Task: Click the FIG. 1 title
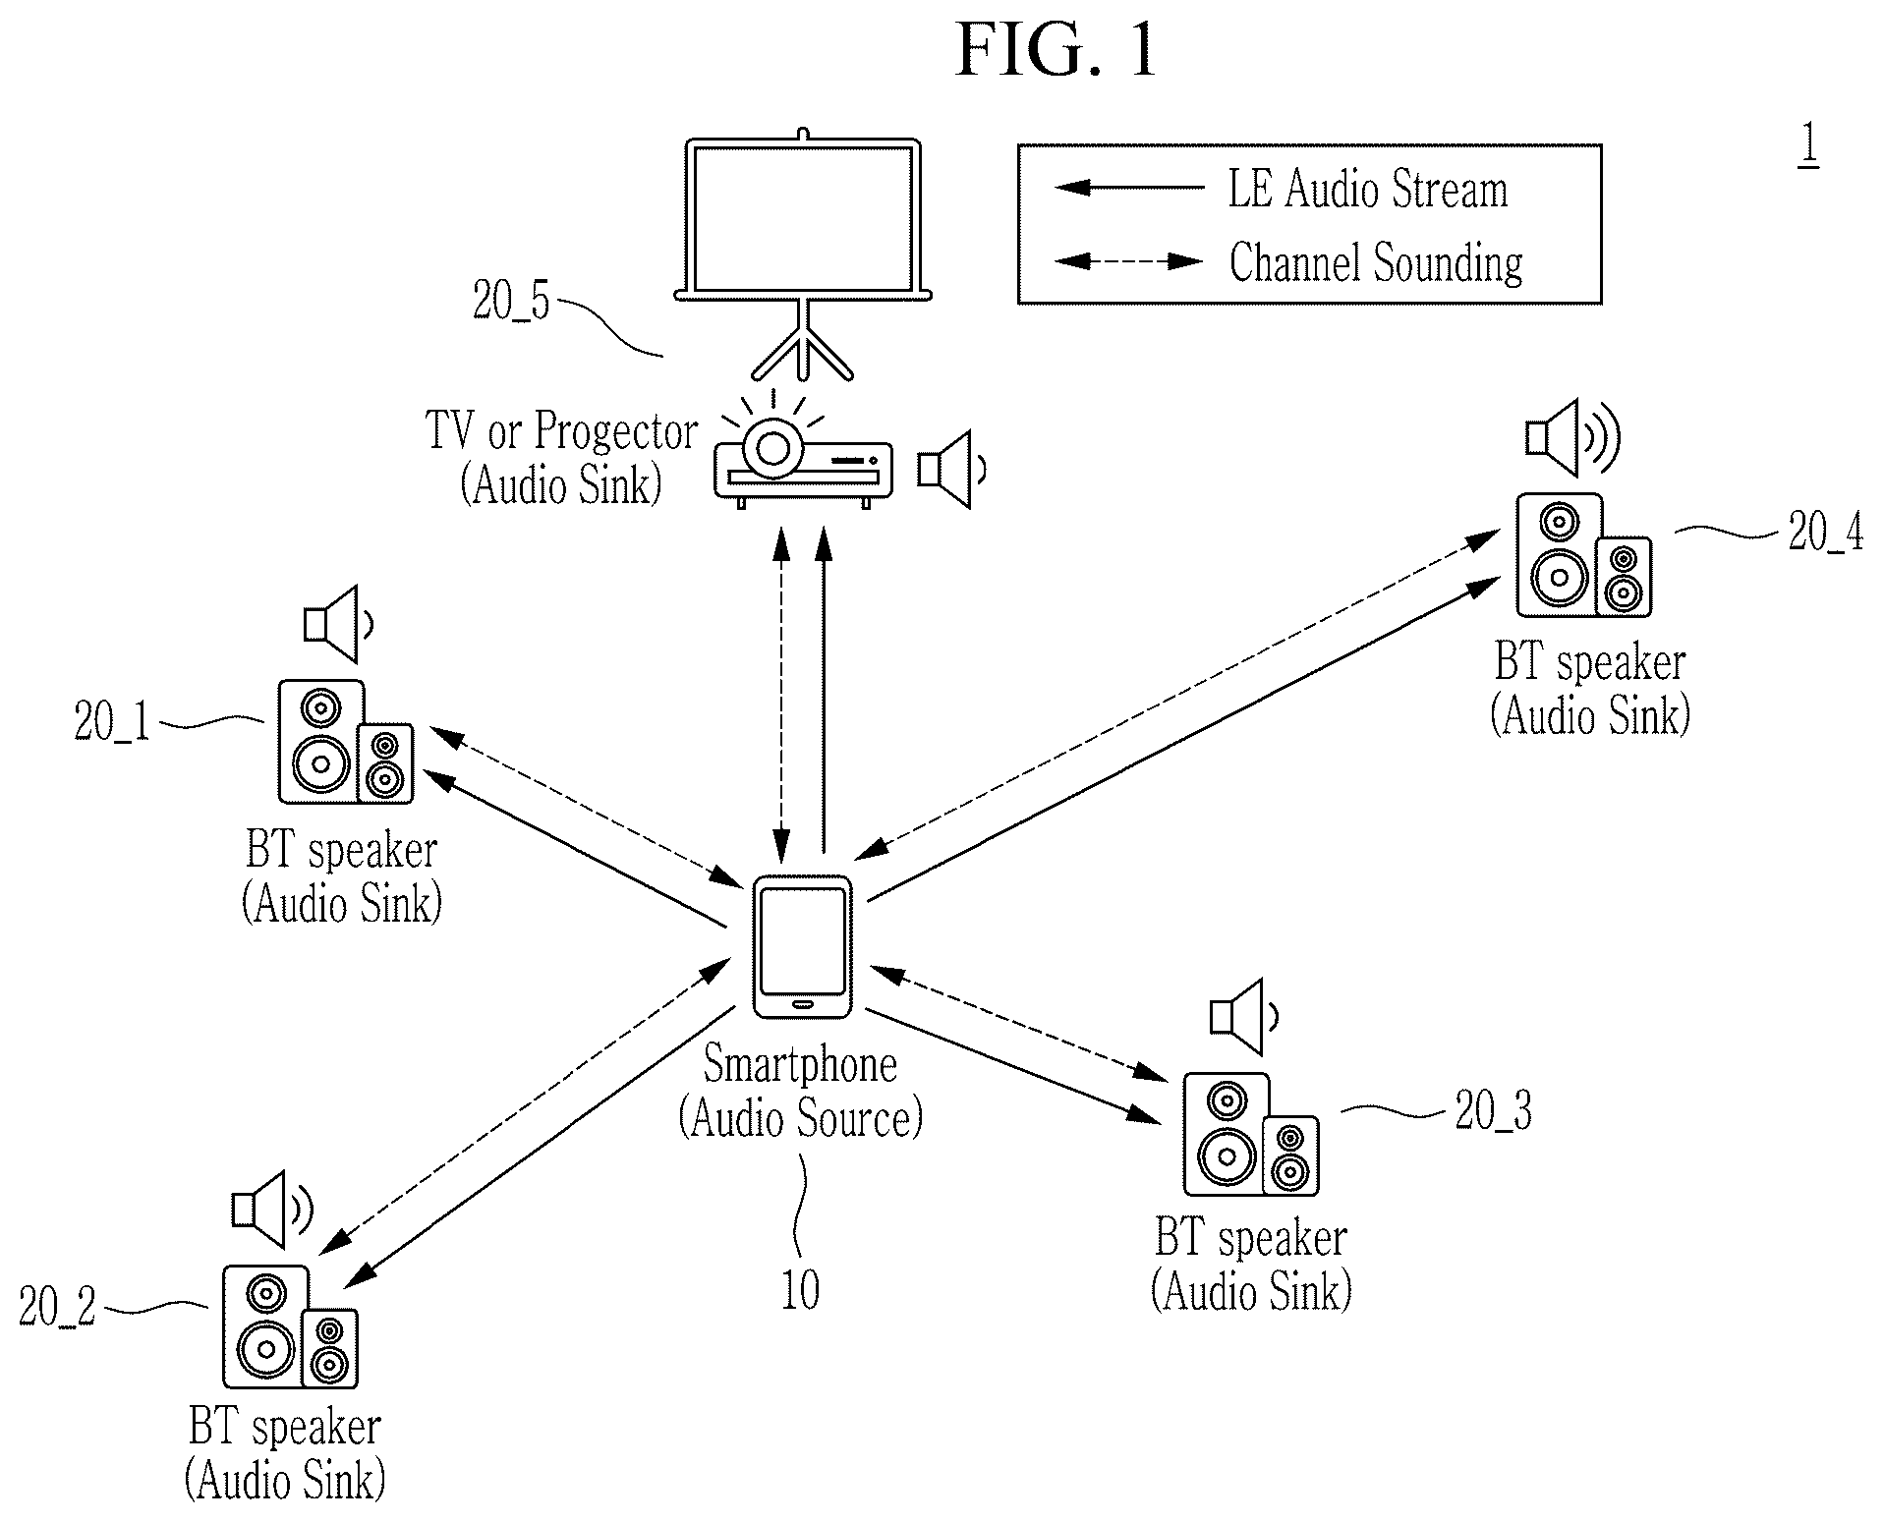1056,50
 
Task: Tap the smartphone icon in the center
802,947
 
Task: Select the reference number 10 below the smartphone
800,1290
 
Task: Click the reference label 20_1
112,724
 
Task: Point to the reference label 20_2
58,1307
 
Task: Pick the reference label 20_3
1493,1112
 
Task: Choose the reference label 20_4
1825,533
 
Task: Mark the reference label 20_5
511,301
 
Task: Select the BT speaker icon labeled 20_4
1583,556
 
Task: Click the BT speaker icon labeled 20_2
290,1326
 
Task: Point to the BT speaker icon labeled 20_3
1250,1135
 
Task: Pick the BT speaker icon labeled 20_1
345,742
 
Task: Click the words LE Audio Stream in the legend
1367,190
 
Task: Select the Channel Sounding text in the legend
1376,263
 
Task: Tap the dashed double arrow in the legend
1128,261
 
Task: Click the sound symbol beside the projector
951,470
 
